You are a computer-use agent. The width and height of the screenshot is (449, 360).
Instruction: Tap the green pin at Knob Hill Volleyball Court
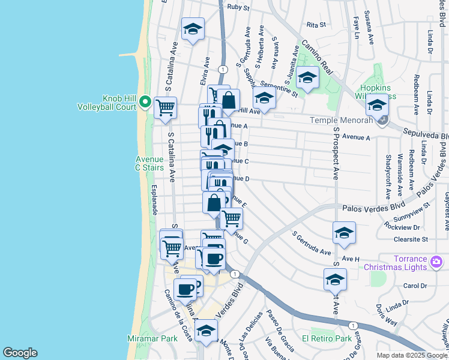coord(145,103)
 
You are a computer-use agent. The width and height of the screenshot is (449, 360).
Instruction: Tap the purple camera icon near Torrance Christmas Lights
coord(437,262)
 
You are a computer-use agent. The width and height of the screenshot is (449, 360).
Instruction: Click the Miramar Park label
coord(152,338)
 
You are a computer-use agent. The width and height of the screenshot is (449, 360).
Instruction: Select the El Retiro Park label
coord(327,338)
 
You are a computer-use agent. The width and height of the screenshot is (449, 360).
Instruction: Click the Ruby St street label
coord(238,7)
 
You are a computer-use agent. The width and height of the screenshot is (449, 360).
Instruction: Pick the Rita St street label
coord(316,25)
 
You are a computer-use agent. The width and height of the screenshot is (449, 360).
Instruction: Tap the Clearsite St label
coord(411,239)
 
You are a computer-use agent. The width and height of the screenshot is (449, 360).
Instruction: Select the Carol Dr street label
coord(415,286)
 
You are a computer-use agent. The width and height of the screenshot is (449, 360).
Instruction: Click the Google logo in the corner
coord(20,352)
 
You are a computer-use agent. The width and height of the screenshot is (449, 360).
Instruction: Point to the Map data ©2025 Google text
coord(412,355)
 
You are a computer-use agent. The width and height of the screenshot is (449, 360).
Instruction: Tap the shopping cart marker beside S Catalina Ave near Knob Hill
coord(165,108)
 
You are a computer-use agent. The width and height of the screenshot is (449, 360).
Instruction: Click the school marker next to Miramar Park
coord(206,331)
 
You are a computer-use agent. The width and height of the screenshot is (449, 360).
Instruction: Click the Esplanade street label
coord(154,200)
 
